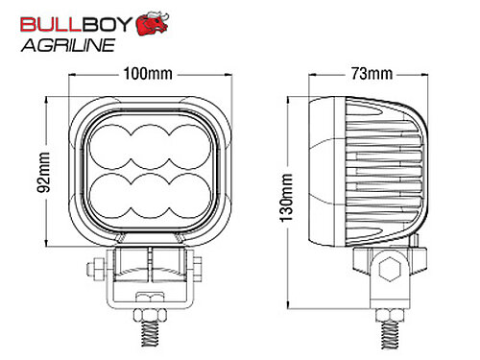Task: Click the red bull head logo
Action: [x=153, y=23]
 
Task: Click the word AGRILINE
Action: [x=68, y=45]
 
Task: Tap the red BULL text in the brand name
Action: [x=49, y=24]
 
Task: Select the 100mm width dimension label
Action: [x=148, y=74]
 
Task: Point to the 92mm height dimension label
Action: [x=44, y=172]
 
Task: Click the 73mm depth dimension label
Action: [x=372, y=74]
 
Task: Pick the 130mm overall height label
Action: [x=286, y=198]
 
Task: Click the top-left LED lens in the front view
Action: [x=110, y=147]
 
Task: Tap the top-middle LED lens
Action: [x=150, y=147]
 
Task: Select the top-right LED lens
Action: [x=190, y=147]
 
